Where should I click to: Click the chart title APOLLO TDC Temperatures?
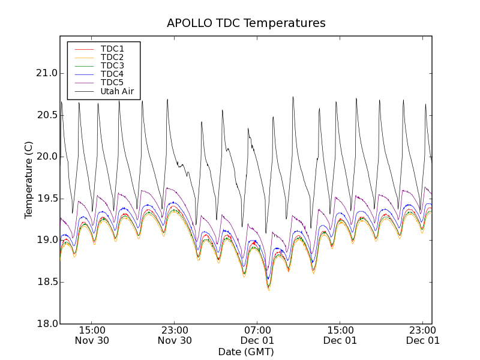pyautogui.click(x=246, y=23)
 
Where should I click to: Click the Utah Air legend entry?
pyautogui.click(x=117, y=92)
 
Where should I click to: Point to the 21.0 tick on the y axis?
pyautogui.click(x=46, y=73)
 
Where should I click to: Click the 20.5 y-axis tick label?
pyautogui.click(x=46, y=115)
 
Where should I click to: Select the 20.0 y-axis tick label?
pyautogui.click(x=46, y=157)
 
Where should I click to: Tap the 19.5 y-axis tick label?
pyautogui.click(x=46, y=199)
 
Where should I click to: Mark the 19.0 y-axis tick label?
pyautogui.click(x=46, y=240)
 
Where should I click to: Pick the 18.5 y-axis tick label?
pyautogui.click(x=46, y=282)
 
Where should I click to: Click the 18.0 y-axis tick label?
pyautogui.click(x=46, y=324)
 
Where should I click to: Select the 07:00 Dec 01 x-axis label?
pyautogui.click(x=257, y=335)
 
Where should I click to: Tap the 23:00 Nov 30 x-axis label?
pyautogui.click(x=175, y=335)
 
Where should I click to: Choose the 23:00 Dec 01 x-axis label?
pyautogui.click(x=422, y=335)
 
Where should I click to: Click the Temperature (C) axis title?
pyautogui.click(x=29, y=180)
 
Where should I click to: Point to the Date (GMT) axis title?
pyautogui.click(x=246, y=352)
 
